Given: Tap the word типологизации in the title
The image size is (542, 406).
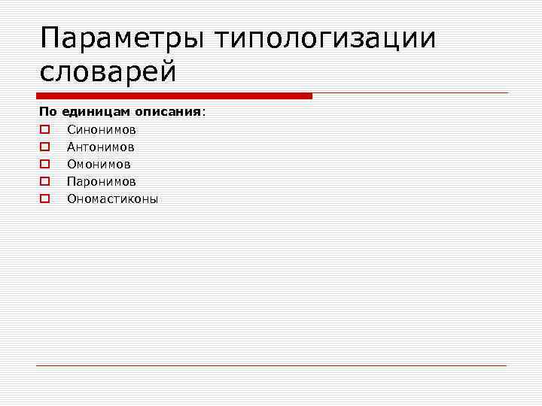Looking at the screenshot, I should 325,38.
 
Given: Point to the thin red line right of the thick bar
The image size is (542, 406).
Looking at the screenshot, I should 410,94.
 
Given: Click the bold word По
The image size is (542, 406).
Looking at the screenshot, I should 47,111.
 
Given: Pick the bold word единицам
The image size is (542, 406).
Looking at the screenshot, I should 96,111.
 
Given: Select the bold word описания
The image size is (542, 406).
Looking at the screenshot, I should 168,111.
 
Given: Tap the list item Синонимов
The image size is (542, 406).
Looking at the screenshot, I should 101,129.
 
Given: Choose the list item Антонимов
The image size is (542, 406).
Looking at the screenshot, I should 100,147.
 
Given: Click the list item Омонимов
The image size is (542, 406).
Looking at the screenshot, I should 99,164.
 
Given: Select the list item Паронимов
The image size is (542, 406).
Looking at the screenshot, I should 101,181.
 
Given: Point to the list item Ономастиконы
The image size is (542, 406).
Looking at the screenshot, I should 112,199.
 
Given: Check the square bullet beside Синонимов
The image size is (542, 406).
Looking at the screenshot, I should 44,129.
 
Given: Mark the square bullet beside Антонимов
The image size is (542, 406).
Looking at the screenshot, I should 44,147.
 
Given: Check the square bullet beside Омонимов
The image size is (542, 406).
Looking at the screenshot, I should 44,164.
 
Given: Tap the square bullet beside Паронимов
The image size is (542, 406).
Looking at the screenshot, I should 44,181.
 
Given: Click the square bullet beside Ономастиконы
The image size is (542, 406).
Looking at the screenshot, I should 44,199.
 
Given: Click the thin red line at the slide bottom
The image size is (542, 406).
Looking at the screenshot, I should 271,365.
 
